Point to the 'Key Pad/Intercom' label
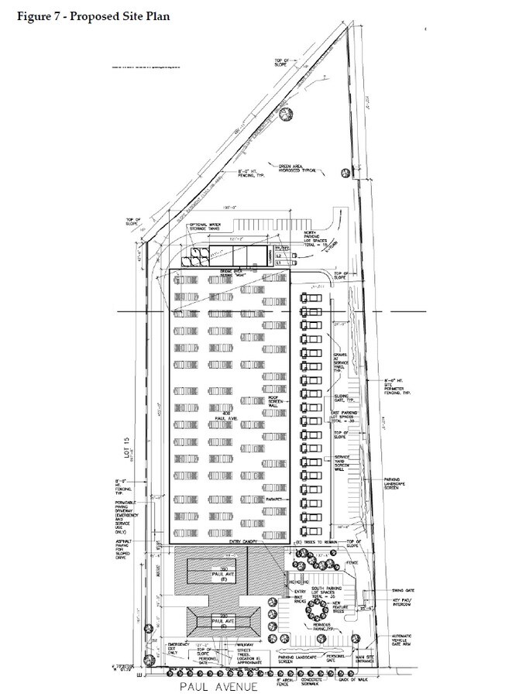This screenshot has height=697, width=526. (405, 603)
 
